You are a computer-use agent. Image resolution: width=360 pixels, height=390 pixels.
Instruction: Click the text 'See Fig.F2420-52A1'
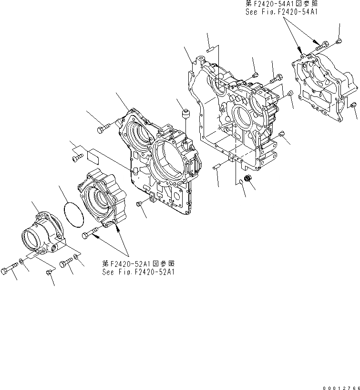(138, 272)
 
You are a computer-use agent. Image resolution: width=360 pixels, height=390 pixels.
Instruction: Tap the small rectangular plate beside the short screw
(93, 155)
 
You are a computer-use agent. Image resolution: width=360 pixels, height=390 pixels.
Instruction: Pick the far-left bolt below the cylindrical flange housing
(9, 270)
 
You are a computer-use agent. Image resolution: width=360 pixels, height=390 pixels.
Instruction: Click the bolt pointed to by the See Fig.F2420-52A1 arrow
(91, 233)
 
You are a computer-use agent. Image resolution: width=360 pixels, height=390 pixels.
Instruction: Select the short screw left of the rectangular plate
(77, 156)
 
